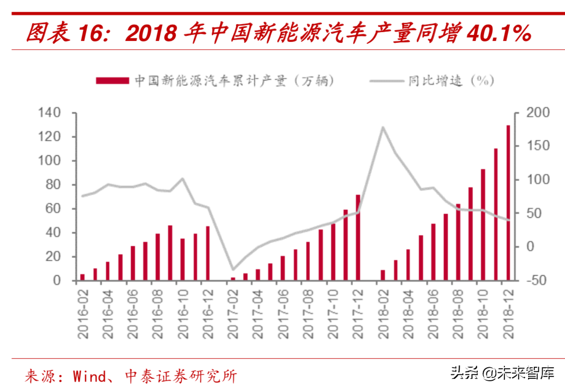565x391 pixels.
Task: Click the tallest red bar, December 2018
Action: click(x=508, y=203)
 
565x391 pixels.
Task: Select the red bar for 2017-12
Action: click(x=358, y=238)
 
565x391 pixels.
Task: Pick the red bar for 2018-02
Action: click(x=383, y=275)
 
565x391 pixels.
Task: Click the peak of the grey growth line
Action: click(x=383, y=127)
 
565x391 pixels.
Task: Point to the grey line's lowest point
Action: click(x=233, y=270)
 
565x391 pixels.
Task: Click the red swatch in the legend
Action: click(x=112, y=81)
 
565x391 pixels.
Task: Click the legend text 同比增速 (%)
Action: click(x=451, y=81)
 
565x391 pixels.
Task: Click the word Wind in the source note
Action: click(x=89, y=376)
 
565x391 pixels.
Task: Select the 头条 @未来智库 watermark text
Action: click(x=502, y=373)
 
